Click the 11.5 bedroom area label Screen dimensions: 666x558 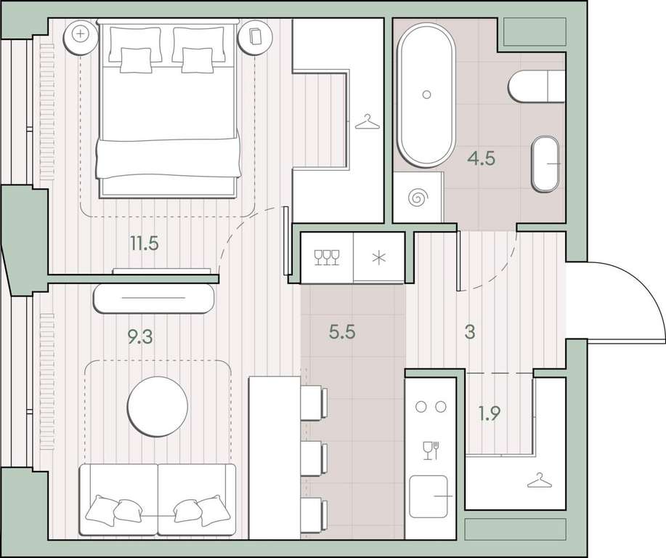click(x=145, y=244)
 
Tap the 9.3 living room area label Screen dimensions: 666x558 click(x=140, y=337)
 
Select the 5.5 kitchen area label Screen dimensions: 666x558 click(x=342, y=332)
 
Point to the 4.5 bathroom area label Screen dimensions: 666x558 click(x=482, y=158)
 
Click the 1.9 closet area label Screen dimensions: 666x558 click(x=490, y=413)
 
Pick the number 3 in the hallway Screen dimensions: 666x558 click(x=470, y=332)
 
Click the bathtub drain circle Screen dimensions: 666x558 click(x=427, y=94)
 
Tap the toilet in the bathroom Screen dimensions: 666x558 click(x=537, y=86)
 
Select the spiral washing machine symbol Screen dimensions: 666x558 click(x=418, y=198)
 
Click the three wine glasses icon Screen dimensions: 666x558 click(x=327, y=257)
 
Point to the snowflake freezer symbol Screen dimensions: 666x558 click(x=379, y=258)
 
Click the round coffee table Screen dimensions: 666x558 click(x=158, y=407)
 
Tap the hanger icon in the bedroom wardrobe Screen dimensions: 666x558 click(x=367, y=122)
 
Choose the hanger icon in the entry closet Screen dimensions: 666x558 click(x=540, y=481)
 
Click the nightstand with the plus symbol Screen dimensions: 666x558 click(x=80, y=35)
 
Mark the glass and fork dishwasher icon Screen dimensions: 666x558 click(x=431, y=450)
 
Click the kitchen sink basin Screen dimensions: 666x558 click(x=429, y=496)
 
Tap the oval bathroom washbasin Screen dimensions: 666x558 click(x=545, y=164)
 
